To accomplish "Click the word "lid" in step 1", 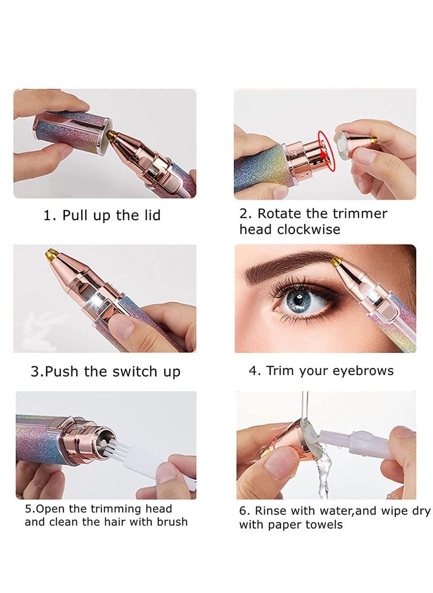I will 149,215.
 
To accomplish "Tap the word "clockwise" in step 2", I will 309,229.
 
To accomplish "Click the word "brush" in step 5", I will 170,522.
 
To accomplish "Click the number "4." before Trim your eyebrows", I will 254,371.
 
